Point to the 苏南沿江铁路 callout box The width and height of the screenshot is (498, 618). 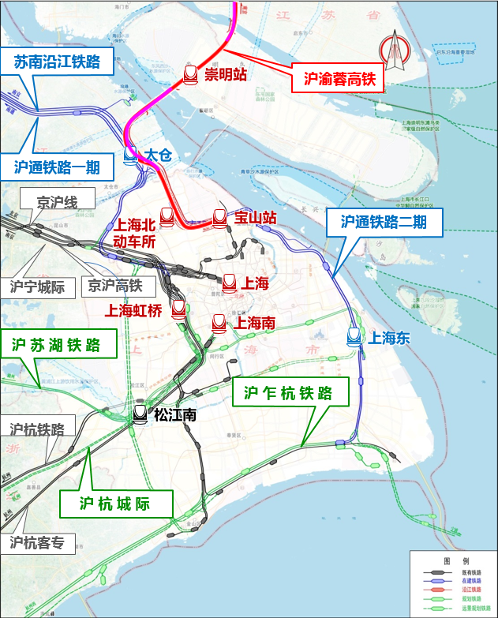coord(57,62)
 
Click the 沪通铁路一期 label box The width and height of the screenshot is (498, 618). coord(57,167)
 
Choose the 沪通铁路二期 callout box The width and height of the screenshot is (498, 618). coord(384,222)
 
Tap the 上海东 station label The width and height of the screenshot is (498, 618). coord(389,338)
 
